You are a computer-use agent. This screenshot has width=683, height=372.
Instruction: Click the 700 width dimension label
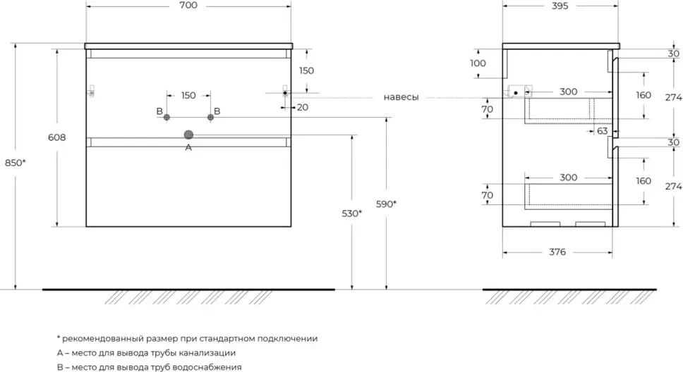click(188, 5)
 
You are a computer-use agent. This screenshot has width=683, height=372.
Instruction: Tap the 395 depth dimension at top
click(560, 6)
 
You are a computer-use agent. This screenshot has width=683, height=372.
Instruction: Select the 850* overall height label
click(16, 163)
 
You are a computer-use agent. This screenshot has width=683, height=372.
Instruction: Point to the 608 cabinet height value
click(57, 137)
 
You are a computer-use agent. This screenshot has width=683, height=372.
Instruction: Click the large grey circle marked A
click(188, 135)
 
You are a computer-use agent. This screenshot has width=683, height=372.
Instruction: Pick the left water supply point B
click(167, 117)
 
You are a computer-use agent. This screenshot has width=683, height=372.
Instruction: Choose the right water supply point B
click(211, 117)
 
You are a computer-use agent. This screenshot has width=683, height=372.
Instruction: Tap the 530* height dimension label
click(352, 213)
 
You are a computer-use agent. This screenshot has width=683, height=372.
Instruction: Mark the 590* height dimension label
click(386, 204)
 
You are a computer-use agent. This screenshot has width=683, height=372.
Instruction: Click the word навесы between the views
click(401, 97)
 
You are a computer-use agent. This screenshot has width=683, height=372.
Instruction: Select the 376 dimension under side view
click(557, 252)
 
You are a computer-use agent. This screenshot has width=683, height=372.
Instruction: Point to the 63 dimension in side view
click(602, 131)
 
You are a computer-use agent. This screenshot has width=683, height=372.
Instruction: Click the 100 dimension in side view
click(478, 63)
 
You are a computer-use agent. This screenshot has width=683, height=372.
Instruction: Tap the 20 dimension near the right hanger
click(302, 107)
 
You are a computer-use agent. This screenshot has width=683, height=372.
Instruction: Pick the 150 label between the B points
click(188, 95)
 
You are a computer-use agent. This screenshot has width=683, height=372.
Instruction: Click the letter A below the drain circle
click(188, 148)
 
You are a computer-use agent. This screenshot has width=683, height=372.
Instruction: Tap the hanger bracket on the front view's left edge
click(90, 91)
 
